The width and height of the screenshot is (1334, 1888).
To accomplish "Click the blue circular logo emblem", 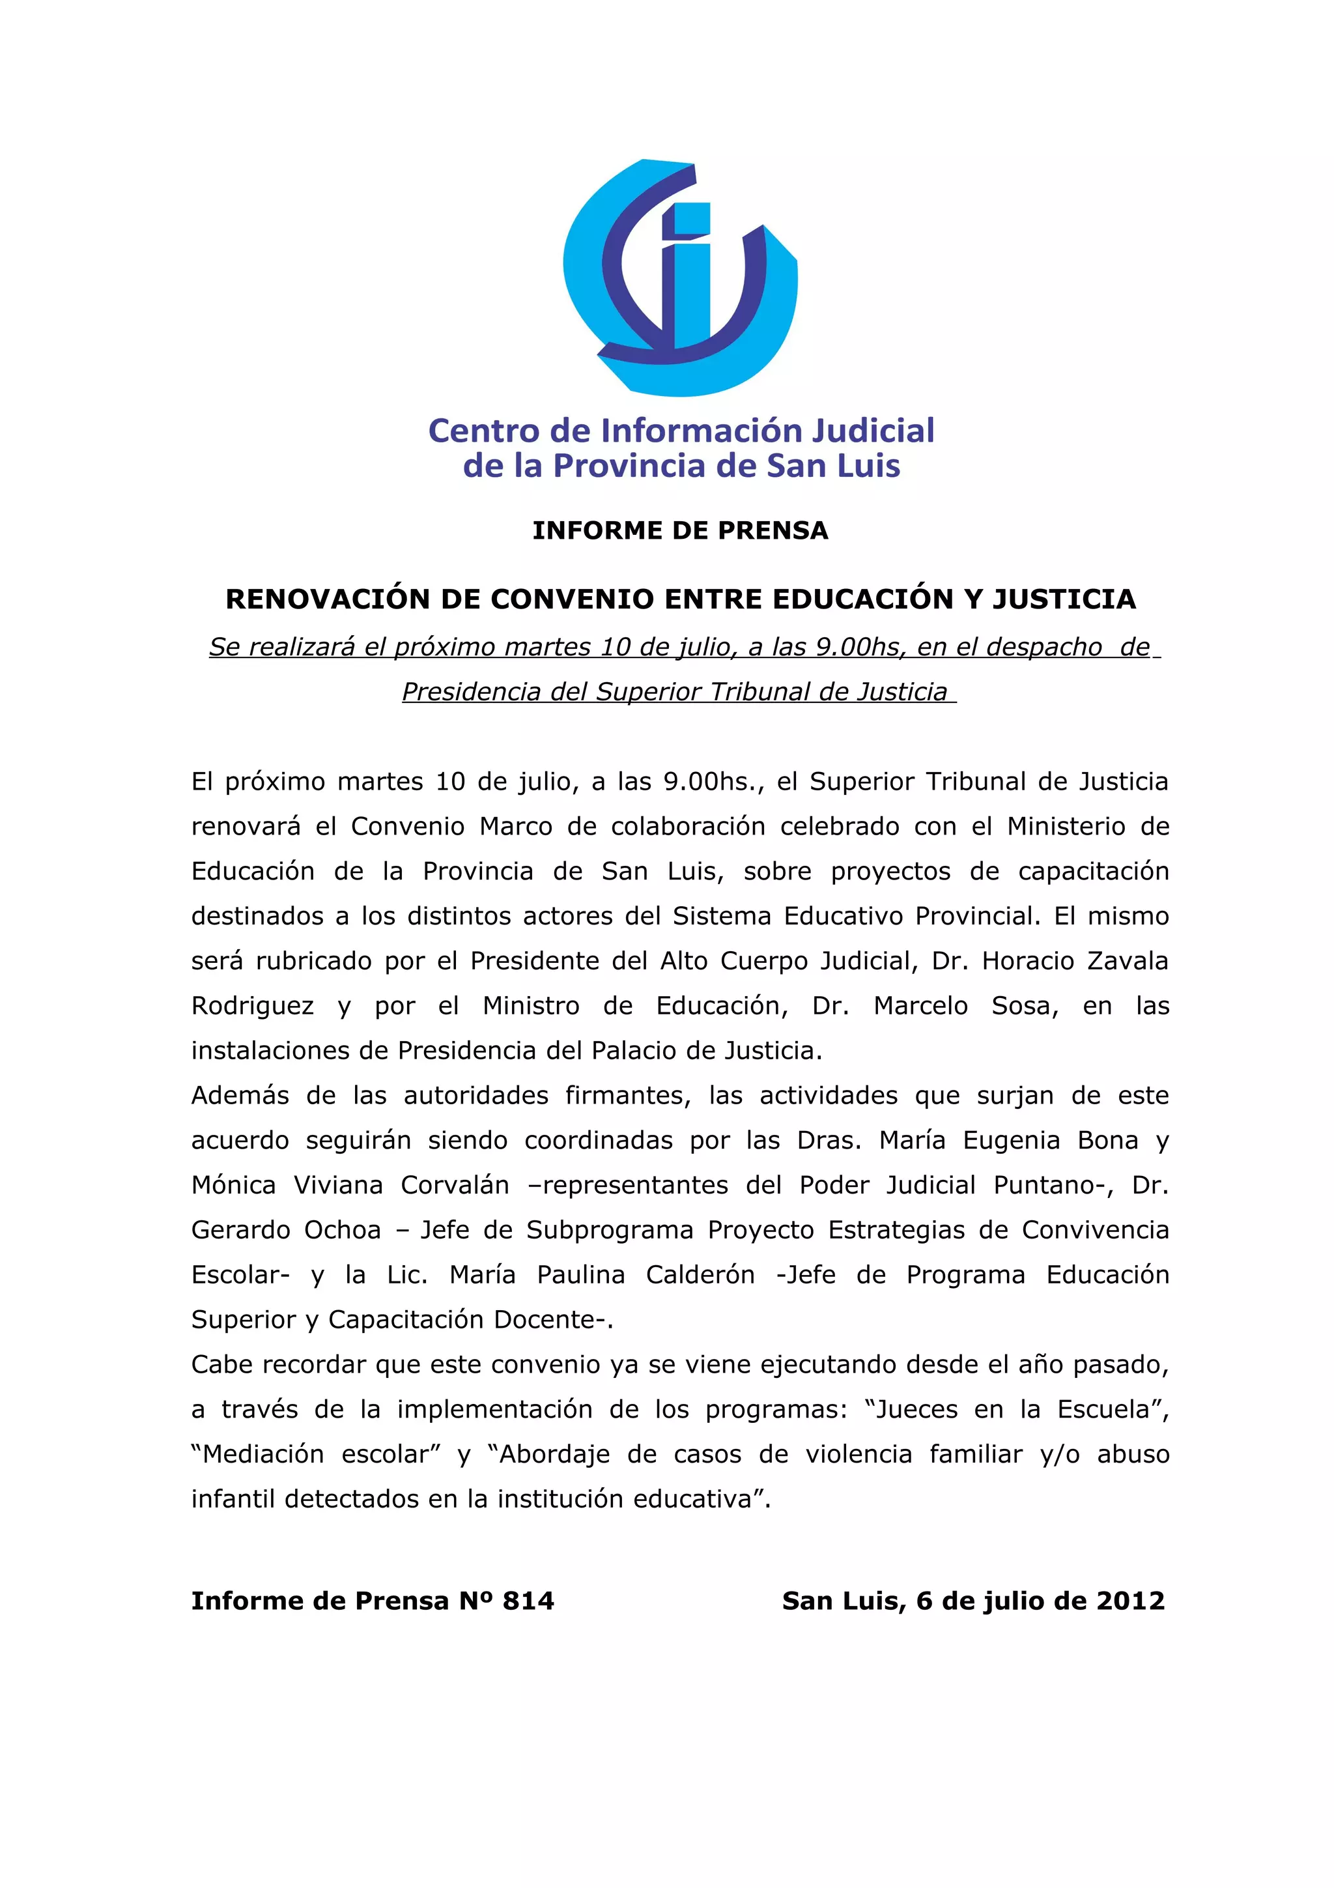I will coord(680,277).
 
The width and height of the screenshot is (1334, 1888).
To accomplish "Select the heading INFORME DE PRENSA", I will coord(680,530).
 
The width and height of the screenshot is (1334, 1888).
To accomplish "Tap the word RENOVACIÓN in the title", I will coord(326,599).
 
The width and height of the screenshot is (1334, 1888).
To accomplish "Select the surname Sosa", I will coord(1023,1006).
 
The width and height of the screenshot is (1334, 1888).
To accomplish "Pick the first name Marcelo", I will coord(920,1006).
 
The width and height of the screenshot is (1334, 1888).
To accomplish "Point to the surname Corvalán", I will coord(455,1185).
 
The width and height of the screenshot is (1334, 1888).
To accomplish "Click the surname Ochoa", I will coord(343,1230).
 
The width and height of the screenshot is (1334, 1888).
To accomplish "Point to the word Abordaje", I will coord(555,1455).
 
